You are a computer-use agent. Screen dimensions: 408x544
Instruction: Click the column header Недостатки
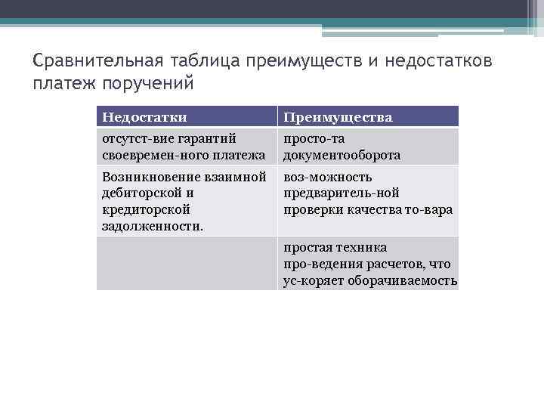(x=144, y=117)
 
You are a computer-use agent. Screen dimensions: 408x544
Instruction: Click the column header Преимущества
(x=338, y=117)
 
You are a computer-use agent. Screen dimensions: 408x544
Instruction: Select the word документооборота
(x=342, y=156)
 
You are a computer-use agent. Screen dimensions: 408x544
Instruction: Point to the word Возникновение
(x=144, y=177)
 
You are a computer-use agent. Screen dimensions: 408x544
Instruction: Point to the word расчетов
(x=401, y=264)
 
